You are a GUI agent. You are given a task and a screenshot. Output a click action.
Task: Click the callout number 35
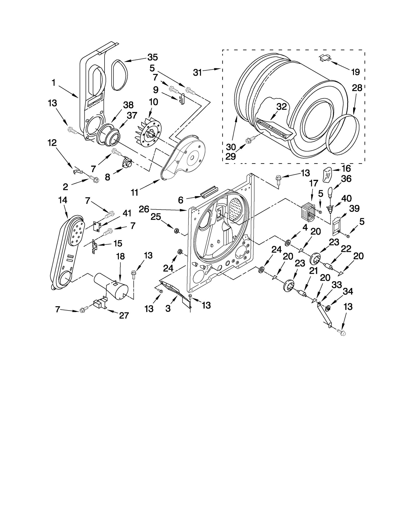click(x=152, y=57)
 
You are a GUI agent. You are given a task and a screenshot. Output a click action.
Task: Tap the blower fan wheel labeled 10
click(x=148, y=133)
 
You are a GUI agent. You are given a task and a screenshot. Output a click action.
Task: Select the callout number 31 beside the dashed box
click(x=197, y=73)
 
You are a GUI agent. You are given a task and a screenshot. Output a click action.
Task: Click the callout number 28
click(x=357, y=88)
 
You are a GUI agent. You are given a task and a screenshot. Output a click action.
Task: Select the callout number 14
click(x=62, y=200)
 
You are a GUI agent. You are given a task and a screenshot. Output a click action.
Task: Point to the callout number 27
click(x=124, y=316)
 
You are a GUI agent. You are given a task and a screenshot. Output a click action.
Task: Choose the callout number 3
click(x=168, y=308)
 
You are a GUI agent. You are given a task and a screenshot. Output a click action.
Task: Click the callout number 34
click(x=348, y=291)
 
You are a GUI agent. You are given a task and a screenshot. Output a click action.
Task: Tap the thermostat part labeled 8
click(x=127, y=162)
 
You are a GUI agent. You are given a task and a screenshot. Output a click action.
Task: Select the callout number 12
click(x=52, y=143)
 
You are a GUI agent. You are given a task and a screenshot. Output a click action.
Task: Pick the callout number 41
click(x=127, y=213)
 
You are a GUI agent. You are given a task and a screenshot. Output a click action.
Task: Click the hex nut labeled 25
click(x=176, y=231)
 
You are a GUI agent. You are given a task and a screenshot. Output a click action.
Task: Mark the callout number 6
click(x=181, y=200)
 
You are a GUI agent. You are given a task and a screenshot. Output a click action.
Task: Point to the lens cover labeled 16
click(x=327, y=175)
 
